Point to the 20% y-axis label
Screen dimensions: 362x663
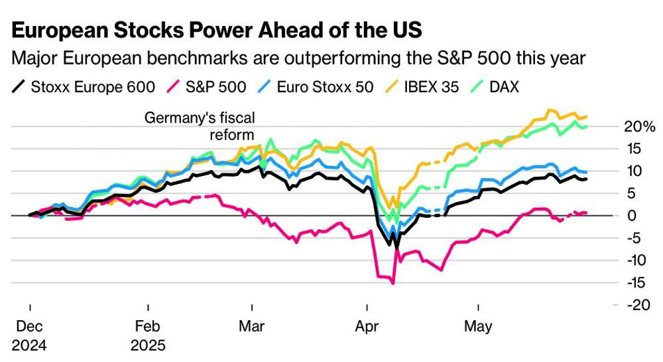[x=640, y=126]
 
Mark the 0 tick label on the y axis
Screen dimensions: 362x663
[x=633, y=215]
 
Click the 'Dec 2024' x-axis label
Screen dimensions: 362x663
[x=30, y=335]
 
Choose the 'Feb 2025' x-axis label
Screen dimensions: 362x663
[x=149, y=335]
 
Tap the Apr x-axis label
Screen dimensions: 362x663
[x=367, y=327]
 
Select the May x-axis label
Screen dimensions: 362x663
[x=478, y=327]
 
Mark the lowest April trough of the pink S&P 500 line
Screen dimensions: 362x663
[x=393, y=284]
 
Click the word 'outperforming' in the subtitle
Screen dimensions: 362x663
[x=348, y=58]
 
